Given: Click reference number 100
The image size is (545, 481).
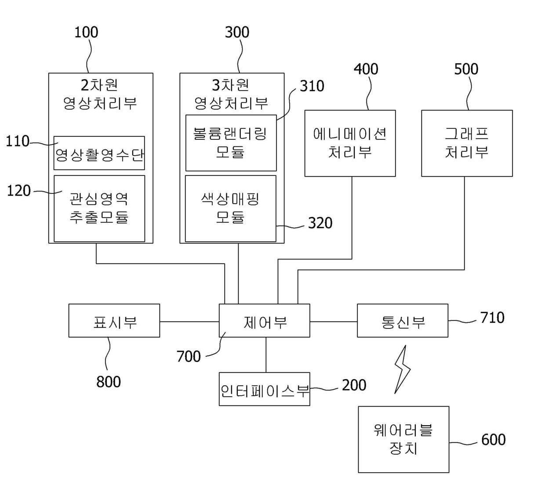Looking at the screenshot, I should pyautogui.click(x=86, y=32).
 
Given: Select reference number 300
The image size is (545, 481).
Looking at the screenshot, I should pyautogui.click(x=237, y=32).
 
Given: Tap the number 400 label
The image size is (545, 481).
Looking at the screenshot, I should pyautogui.click(x=366, y=69).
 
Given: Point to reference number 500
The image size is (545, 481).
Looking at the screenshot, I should pyautogui.click(x=466, y=69).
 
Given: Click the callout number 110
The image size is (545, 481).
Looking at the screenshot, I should pyautogui.click(x=18, y=141).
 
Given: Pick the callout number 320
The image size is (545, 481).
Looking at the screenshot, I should pyautogui.click(x=320, y=223).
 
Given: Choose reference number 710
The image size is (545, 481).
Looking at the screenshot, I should pyautogui.click(x=492, y=317).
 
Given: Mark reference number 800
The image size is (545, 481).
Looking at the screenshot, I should pyautogui.click(x=109, y=382).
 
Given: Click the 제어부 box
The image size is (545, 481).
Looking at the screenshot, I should pyautogui.click(x=265, y=321).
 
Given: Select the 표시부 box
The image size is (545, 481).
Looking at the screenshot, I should pyautogui.click(x=114, y=321).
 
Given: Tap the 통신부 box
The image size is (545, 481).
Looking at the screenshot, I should pyautogui.click(x=403, y=321).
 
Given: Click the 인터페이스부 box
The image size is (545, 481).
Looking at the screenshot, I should pyautogui.click(x=265, y=389).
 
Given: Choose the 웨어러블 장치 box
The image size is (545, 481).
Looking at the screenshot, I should pyautogui.click(x=403, y=439).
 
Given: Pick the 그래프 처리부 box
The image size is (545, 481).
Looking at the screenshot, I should pyautogui.click(x=467, y=143).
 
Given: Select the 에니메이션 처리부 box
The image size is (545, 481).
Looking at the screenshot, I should pyautogui.click(x=350, y=143).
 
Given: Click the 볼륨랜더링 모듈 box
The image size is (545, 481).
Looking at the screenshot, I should pyautogui.click(x=231, y=143).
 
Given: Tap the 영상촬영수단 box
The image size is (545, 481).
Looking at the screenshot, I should pyautogui.click(x=99, y=153).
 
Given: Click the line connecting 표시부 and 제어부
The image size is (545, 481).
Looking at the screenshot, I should pyautogui.click(x=189, y=321).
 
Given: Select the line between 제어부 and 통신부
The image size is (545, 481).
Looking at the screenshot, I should pyautogui.click(x=333, y=321).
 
